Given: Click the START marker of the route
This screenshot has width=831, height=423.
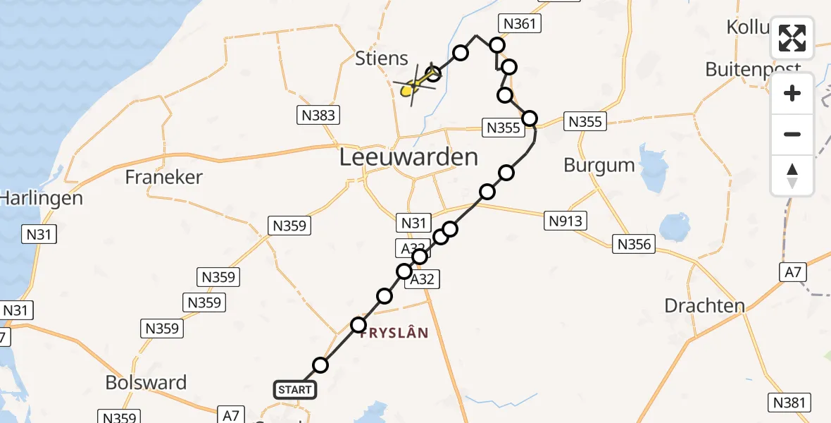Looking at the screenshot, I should pos(294,390).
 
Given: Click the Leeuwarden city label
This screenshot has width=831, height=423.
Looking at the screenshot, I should pos(408,157).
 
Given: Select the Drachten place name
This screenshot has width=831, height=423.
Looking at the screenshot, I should pos(705,306).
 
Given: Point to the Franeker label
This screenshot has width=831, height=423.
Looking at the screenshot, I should pos(164,177).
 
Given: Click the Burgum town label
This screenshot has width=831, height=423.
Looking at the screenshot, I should pos(599,165).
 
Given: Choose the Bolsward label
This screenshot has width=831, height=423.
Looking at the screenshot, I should pos(146,383).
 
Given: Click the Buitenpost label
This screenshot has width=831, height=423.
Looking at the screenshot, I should pos(753,69).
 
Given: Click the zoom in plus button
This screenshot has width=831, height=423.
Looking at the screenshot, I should pos(792,93).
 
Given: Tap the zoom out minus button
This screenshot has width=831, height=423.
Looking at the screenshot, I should pos(792,134).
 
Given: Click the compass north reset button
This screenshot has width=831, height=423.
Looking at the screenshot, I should pos(792,176).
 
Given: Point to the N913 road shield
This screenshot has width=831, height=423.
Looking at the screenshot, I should pos(566,221).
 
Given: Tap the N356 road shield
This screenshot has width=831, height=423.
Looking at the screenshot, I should pos(634,245).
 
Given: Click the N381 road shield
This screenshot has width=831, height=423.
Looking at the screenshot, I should pos(789,403).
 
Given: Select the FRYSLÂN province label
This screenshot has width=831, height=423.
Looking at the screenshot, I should pos(394,333).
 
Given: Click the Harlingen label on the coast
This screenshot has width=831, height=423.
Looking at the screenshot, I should pos(41,198).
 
